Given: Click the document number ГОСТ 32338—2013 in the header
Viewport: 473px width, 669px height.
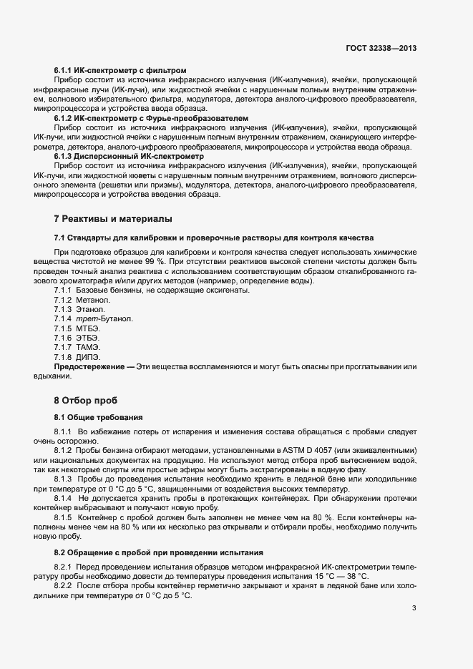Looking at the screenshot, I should click(381, 48).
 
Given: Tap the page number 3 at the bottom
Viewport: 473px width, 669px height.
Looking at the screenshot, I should click(414, 608).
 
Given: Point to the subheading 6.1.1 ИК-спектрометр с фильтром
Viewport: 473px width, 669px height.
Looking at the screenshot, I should click(120, 70).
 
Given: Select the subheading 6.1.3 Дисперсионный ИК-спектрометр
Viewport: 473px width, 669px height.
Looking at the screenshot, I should click(129, 155).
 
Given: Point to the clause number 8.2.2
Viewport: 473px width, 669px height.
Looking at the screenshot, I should click(64, 576).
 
